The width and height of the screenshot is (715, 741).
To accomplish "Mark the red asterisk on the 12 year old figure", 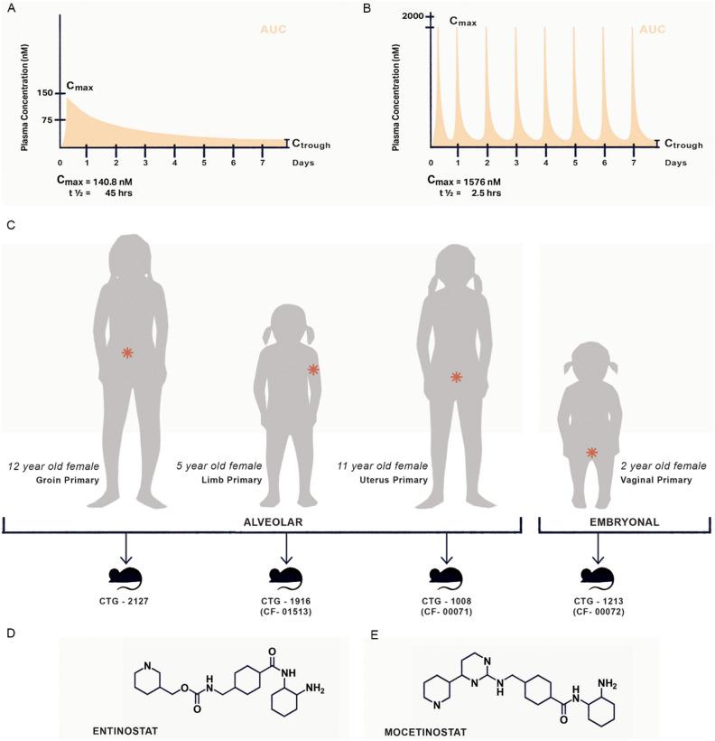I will point(128,353).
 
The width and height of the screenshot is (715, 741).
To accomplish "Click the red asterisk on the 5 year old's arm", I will point(313,369).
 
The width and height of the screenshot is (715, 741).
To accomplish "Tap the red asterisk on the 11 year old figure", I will point(457,377).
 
